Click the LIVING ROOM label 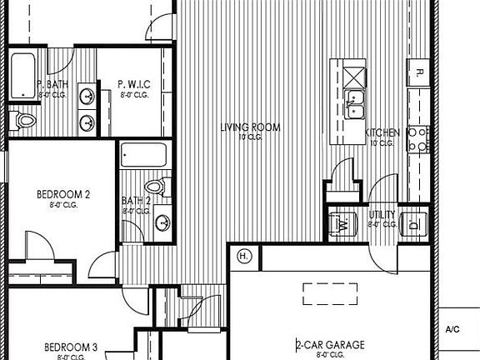[250, 127]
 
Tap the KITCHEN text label [383, 133]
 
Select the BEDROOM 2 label [63, 194]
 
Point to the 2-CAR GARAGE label [331, 343]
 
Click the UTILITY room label [382, 215]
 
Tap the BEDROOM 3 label [72, 347]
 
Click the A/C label [452, 329]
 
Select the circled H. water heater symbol [244, 255]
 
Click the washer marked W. [342, 222]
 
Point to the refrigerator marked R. [418, 72]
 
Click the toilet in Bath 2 [153, 185]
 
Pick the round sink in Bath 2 [162, 222]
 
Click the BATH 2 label [135, 200]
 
